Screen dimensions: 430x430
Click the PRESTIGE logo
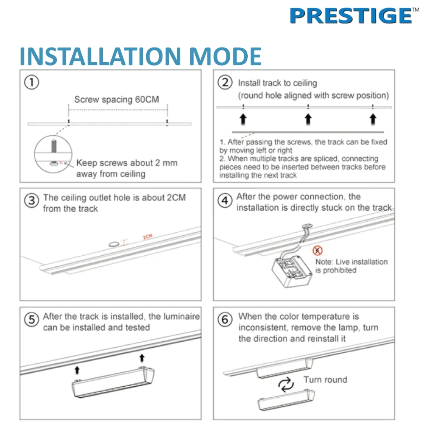(x=354, y=16)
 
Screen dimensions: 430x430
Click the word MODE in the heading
(x=225, y=56)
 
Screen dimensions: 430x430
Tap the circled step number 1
(x=31, y=83)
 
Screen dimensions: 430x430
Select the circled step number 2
(x=225, y=82)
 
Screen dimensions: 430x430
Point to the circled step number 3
(x=31, y=201)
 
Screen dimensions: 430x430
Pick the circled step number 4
(x=225, y=200)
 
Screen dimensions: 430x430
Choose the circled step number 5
(x=31, y=320)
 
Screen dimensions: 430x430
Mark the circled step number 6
(x=225, y=320)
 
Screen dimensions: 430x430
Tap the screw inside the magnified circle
(x=54, y=146)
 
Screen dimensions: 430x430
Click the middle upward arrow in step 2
(x=308, y=119)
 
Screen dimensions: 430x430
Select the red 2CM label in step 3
(x=147, y=237)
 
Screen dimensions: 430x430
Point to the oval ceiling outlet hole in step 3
(x=113, y=244)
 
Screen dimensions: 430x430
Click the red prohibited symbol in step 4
(x=317, y=250)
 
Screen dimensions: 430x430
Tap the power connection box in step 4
(x=292, y=271)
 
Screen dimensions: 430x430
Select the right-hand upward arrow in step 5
(x=142, y=358)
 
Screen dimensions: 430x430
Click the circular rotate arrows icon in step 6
(x=286, y=385)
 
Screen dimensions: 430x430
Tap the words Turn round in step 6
(x=325, y=380)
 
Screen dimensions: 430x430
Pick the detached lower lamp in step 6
(x=286, y=400)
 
